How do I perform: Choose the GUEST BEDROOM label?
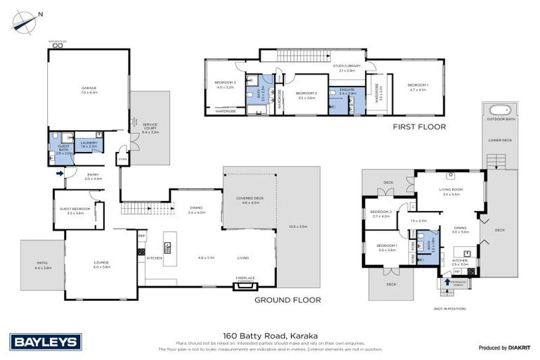[75, 210]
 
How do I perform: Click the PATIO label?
[43, 264]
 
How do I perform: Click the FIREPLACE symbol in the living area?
[245, 285]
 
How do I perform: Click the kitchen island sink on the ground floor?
[168, 247]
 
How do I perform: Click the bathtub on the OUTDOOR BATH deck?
[500, 110]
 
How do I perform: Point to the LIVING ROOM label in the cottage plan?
[450, 191]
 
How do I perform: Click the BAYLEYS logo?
[46, 342]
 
